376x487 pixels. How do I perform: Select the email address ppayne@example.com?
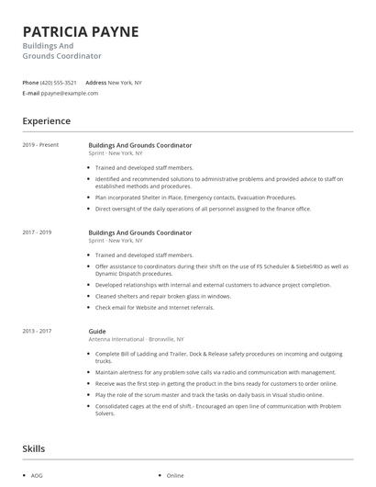[x=69, y=93]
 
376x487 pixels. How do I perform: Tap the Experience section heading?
[x=46, y=120]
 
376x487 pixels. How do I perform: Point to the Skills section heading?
[x=34, y=448]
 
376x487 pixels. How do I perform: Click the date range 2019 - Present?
[x=40, y=145]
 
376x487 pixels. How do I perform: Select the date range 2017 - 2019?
[x=37, y=233]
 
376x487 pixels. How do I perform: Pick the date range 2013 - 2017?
[x=37, y=331]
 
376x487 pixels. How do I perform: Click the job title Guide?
[x=97, y=331]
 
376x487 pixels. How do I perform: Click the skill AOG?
[x=37, y=476]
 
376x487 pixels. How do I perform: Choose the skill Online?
[x=175, y=476]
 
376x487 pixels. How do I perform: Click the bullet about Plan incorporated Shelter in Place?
[x=195, y=197]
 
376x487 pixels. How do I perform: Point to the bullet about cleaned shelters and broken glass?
[x=162, y=296]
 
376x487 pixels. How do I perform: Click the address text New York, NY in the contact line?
[x=125, y=82]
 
